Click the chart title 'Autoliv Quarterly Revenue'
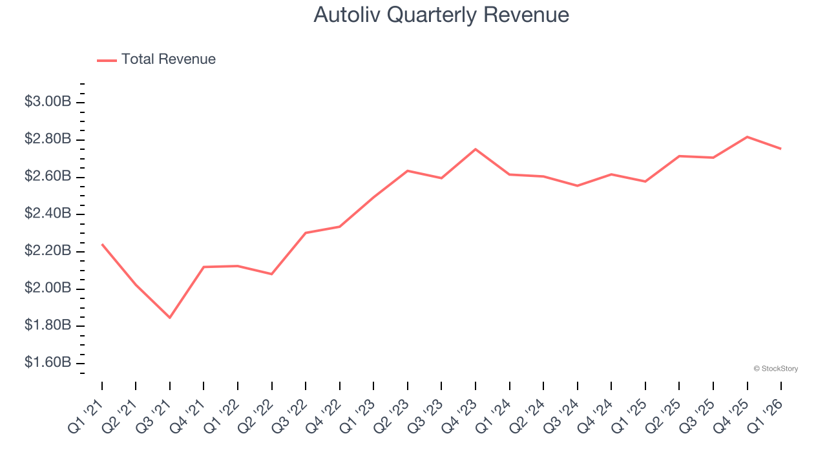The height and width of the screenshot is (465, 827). [x=441, y=15]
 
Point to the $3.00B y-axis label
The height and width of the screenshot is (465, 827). [x=48, y=101]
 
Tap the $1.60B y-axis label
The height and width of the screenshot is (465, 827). [x=48, y=362]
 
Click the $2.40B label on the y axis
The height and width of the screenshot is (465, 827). [x=48, y=213]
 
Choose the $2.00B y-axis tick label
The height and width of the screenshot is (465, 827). [x=48, y=288]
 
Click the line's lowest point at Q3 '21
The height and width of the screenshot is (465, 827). [x=170, y=318]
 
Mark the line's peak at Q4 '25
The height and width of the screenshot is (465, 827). [x=748, y=137]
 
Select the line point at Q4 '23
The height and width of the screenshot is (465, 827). [x=476, y=149]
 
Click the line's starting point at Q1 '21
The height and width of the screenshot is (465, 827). [x=102, y=244]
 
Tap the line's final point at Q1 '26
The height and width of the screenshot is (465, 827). [x=781, y=149]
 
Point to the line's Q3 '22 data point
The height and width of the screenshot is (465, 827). [x=306, y=232]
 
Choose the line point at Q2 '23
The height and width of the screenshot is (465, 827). [x=408, y=170]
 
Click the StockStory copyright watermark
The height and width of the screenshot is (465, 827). [x=776, y=369]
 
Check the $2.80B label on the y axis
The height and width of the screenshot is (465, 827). [x=48, y=139]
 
